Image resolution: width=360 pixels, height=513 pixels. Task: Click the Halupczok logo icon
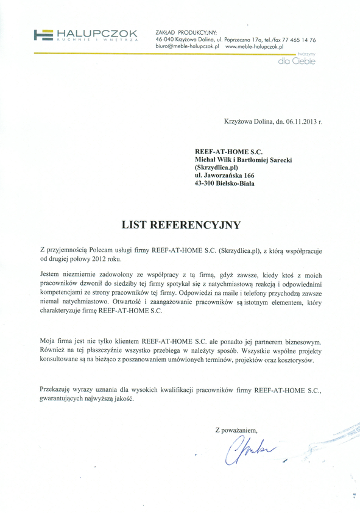coord(43,35)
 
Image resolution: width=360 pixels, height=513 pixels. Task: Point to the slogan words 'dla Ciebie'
coord(295,61)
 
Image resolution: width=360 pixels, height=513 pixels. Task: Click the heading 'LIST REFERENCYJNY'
coord(181,224)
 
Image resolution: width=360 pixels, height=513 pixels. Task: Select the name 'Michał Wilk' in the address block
coord(216,157)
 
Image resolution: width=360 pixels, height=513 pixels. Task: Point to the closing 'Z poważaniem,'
coord(240,430)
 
